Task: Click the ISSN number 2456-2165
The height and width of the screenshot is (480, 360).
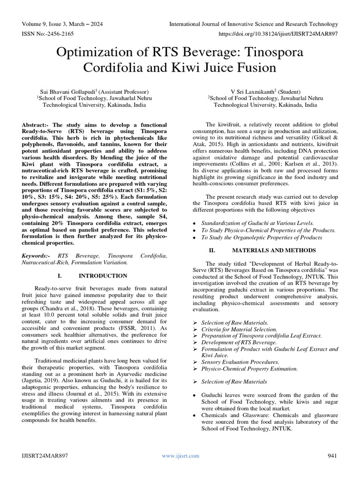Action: pos(60,34)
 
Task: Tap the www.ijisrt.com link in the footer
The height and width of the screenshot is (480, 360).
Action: pos(180,456)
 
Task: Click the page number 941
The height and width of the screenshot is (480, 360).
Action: pos(332,456)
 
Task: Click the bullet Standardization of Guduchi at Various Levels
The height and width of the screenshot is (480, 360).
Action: pos(257,224)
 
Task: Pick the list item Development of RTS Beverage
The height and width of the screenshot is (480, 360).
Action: pos(239,343)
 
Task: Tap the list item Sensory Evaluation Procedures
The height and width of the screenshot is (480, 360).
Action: pos(240,362)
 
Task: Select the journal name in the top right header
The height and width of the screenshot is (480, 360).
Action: pos(253,24)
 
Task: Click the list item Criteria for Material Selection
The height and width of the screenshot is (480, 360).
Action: pos(239,330)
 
